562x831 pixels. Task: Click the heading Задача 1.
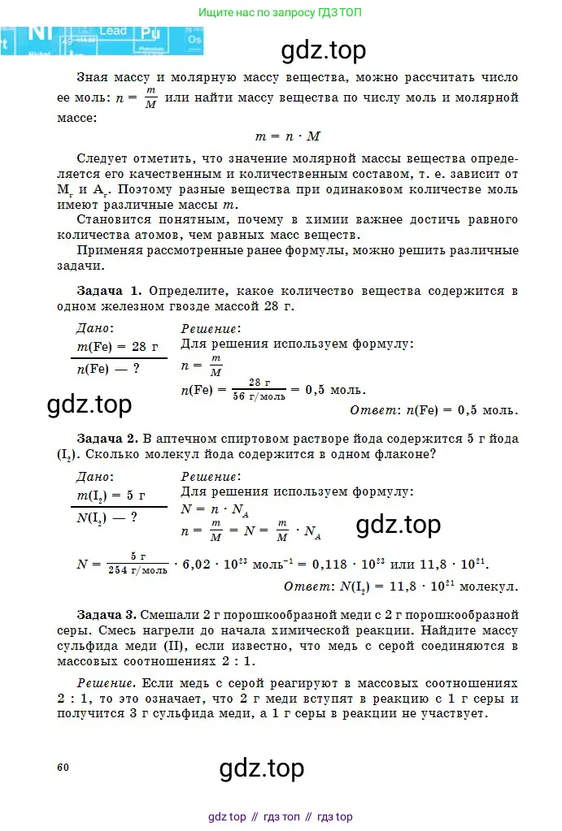click(110, 291)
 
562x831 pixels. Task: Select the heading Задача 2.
click(110, 439)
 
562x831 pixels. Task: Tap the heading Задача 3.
click(110, 614)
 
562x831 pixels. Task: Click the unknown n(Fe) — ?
click(108, 368)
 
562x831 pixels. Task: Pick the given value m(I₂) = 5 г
click(111, 495)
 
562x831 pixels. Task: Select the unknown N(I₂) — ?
click(107, 517)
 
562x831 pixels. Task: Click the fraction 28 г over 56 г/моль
click(259, 389)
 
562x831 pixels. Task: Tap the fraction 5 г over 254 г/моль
click(137, 563)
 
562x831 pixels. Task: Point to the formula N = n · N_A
click(215, 511)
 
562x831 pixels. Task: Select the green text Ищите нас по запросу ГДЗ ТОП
click(281, 13)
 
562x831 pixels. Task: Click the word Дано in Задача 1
click(94, 328)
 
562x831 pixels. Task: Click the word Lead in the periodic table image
click(112, 31)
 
